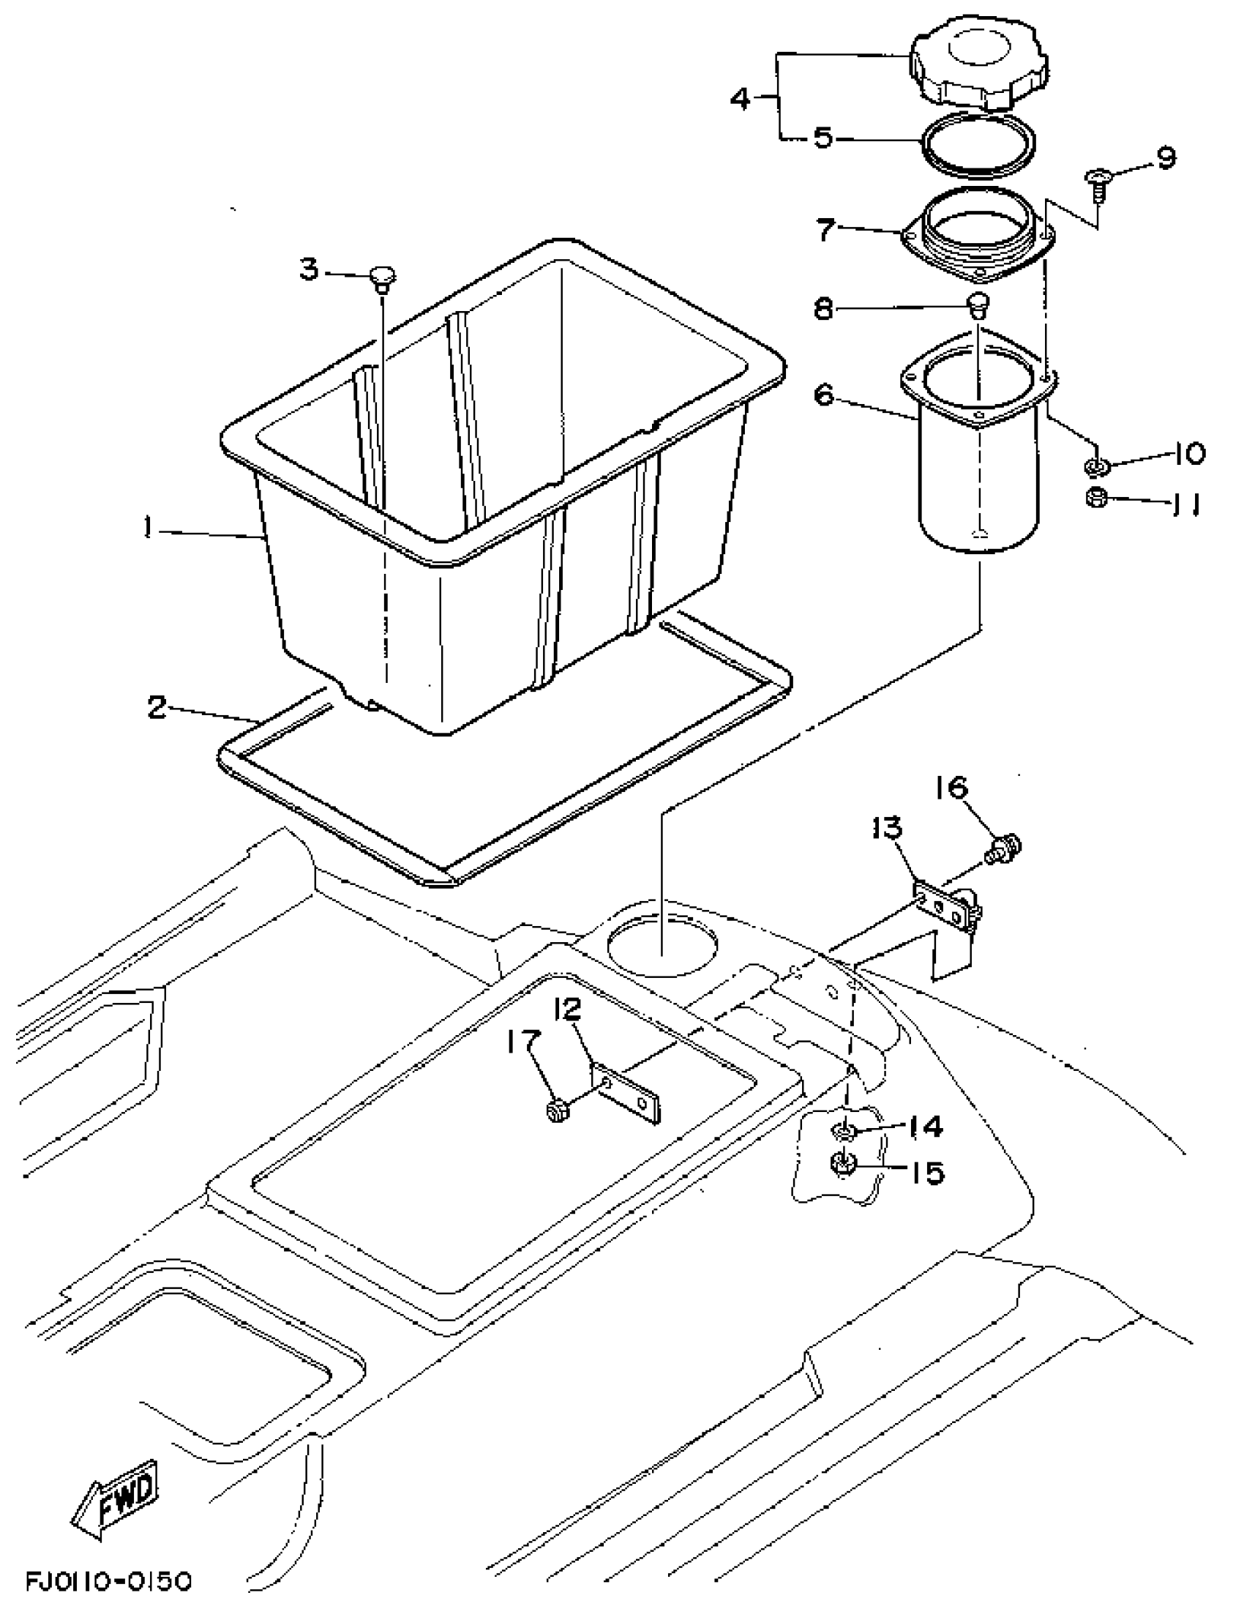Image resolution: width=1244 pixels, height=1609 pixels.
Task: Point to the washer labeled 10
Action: (1095, 466)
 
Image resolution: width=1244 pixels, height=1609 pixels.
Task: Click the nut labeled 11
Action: (1095, 498)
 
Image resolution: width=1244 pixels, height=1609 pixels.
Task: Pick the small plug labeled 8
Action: (978, 304)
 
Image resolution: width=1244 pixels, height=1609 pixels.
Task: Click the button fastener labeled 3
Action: (382, 277)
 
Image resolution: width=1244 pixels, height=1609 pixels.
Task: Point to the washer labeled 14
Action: (843, 1130)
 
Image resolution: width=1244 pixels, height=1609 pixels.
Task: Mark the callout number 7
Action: (826, 229)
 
